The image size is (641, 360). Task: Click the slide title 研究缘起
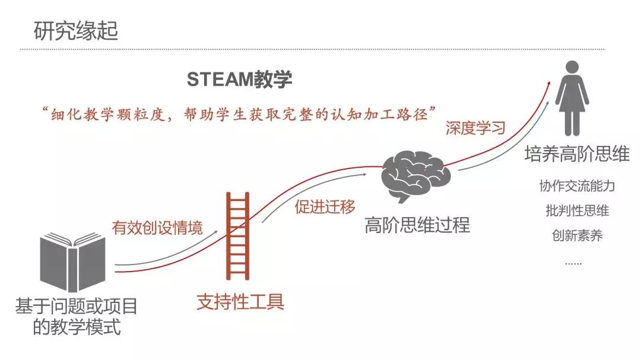75,31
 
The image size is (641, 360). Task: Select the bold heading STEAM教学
240,79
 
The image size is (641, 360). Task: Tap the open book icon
73,262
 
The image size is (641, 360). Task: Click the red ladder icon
237,236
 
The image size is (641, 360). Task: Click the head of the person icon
572,68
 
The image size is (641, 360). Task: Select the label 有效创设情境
157,228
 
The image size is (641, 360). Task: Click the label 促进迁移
325,207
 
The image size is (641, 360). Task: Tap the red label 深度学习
475,128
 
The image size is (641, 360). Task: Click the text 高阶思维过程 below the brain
417,225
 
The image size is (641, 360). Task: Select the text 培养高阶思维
577,154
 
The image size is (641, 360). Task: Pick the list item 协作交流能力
577,186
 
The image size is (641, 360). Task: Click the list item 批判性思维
577,211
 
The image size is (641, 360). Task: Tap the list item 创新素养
577,236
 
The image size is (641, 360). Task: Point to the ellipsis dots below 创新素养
573,263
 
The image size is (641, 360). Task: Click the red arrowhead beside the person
548,84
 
